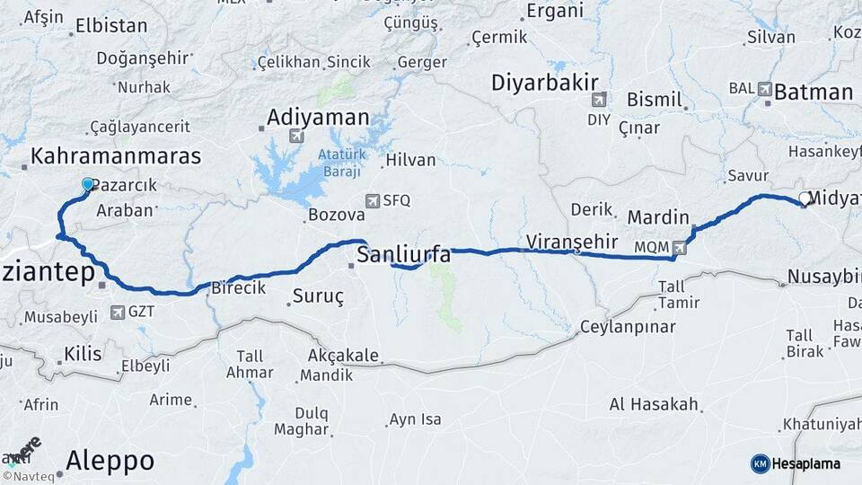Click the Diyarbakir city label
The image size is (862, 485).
(544, 84)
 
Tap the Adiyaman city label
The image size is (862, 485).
(318, 118)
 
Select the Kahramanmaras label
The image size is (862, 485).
(116, 156)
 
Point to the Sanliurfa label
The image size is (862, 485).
(404, 255)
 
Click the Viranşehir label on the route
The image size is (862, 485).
(572, 241)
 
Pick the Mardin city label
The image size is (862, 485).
(658, 217)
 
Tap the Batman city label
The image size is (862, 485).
(813, 92)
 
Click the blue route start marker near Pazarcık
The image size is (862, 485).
(88, 184)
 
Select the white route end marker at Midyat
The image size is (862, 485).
(805, 198)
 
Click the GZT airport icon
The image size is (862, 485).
(118, 313)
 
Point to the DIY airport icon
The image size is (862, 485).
(598, 99)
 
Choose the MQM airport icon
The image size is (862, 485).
(679, 246)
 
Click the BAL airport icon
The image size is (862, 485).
(764, 89)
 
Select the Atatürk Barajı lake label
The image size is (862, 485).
(339, 163)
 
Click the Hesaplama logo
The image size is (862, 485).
(796, 463)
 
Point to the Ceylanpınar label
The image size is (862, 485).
(628, 326)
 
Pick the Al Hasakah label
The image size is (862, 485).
(654, 404)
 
